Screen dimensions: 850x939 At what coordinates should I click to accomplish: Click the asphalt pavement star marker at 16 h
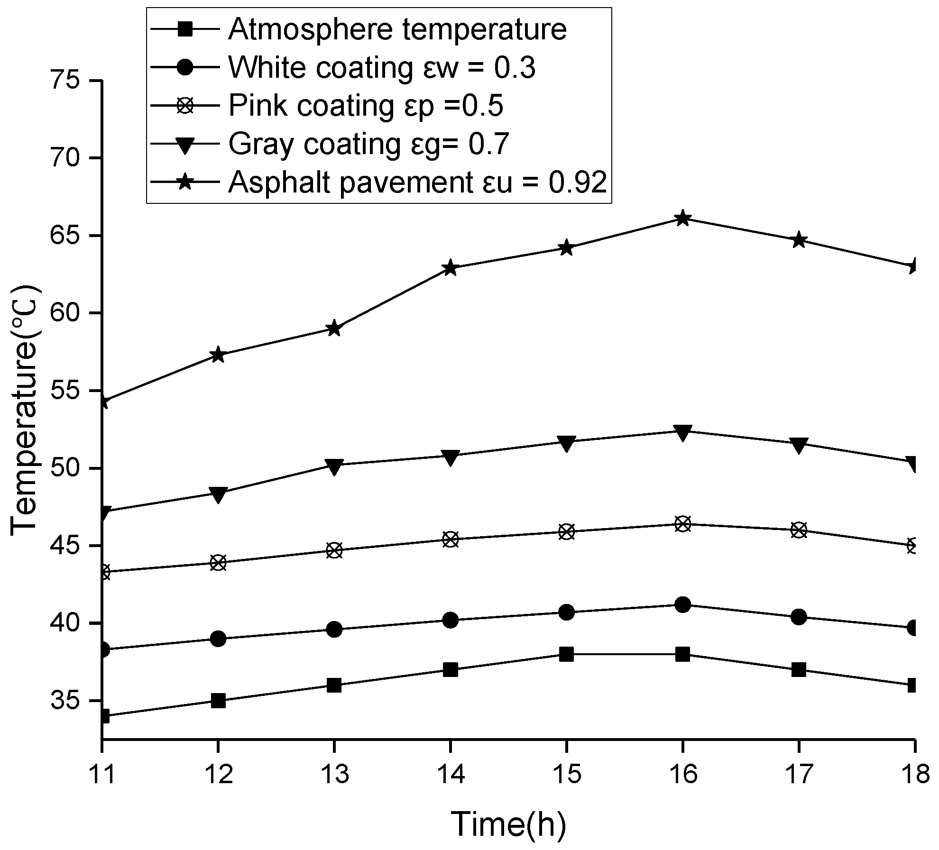(x=682, y=219)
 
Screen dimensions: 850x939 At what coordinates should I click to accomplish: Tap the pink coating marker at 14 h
(x=451, y=539)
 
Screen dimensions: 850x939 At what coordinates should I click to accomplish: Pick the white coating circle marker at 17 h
(x=799, y=617)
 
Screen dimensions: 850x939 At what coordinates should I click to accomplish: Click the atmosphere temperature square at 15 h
(x=566, y=655)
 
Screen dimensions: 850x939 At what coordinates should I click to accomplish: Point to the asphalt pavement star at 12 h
(x=218, y=355)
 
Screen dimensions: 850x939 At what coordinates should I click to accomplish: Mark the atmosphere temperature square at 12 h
(x=218, y=701)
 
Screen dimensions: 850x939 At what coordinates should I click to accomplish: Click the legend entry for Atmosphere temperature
(x=397, y=29)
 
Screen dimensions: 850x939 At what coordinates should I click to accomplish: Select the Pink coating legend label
(x=366, y=106)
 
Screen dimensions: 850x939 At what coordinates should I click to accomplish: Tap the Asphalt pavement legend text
(x=417, y=183)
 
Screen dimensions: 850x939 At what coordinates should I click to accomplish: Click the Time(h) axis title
(x=508, y=824)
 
